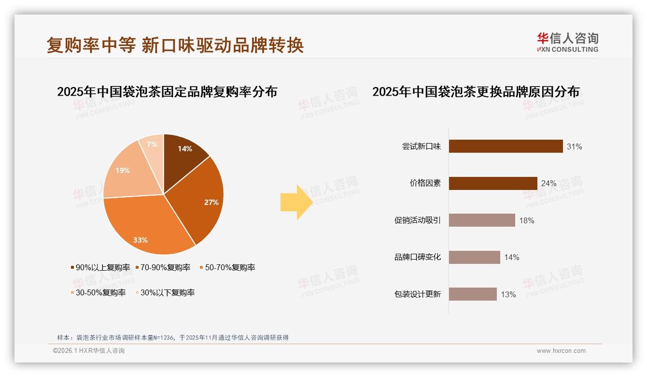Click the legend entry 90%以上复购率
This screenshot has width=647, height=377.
pos(100,267)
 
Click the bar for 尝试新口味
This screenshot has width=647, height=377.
pos(506,146)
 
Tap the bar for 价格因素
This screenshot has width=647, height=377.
pos(492,183)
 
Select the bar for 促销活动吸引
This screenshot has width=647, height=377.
pos(482,220)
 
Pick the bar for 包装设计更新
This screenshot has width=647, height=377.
pos(472,294)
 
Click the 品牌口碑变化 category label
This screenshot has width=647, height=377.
pos(417,257)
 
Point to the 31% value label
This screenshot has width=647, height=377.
pos(574,146)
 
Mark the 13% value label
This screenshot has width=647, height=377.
pos(508,294)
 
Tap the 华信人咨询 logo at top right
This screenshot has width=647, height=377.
pos(567,42)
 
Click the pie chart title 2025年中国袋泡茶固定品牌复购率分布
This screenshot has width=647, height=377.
pos(167,92)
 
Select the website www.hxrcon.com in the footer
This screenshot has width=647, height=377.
pos(561,351)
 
